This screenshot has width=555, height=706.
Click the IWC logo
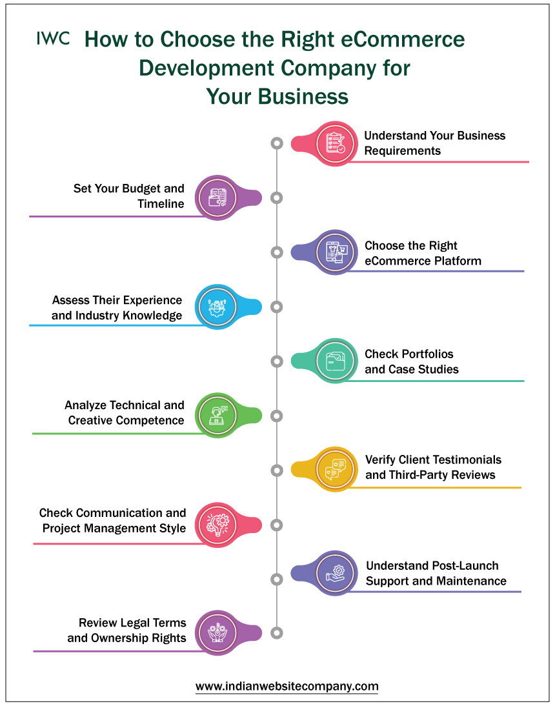(53, 39)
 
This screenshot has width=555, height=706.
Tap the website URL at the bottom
(287, 686)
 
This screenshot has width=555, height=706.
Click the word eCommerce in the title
(403, 39)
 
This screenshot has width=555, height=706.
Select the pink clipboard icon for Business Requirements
(335, 144)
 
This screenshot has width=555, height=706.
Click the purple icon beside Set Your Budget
(217, 197)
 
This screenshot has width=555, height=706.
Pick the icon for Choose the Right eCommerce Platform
(335, 252)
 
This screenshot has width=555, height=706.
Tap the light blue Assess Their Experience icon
(217, 307)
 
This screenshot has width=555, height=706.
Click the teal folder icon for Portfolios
(335, 361)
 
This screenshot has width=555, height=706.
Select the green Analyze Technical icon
(217, 416)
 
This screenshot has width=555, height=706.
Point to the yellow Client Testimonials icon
(335, 470)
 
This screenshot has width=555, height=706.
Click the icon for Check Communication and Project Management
(217, 525)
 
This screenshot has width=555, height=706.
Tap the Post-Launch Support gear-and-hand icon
(335, 574)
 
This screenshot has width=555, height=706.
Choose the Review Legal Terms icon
(217, 632)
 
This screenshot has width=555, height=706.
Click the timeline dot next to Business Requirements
(277, 143)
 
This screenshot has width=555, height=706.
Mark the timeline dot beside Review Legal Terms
(277, 633)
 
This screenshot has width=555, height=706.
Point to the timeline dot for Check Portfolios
(277, 361)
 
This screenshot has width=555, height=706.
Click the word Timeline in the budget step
(161, 204)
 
